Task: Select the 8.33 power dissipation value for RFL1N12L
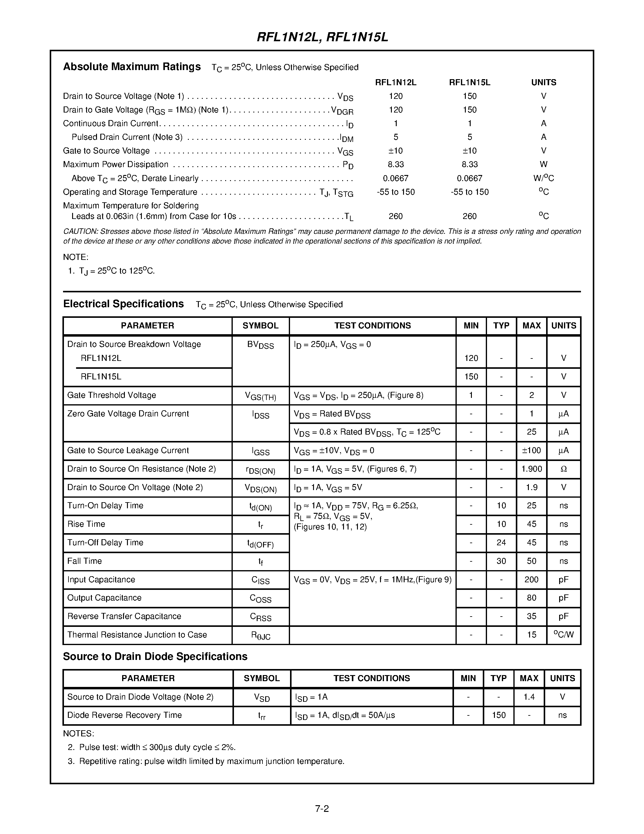tap(395, 165)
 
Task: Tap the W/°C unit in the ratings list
tap(543, 178)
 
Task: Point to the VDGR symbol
tap(342, 111)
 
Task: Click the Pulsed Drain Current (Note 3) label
tap(127, 137)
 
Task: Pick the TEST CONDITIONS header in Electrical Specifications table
tap(372, 326)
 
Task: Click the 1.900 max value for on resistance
tap(532, 469)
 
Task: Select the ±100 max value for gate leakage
tap(532, 451)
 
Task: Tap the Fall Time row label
tap(85, 561)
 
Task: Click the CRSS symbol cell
tap(261, 617)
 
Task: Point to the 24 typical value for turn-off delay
tap(501, 543)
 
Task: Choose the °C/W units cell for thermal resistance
tap(563, 635)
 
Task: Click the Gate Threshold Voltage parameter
tap(112, 395)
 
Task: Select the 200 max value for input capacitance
tap(532, 580)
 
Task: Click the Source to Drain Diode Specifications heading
tap(155, 656)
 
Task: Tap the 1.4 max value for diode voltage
tap(529, 697)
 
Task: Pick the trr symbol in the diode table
tap(262, 716)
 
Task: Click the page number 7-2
tap(322, 809)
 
